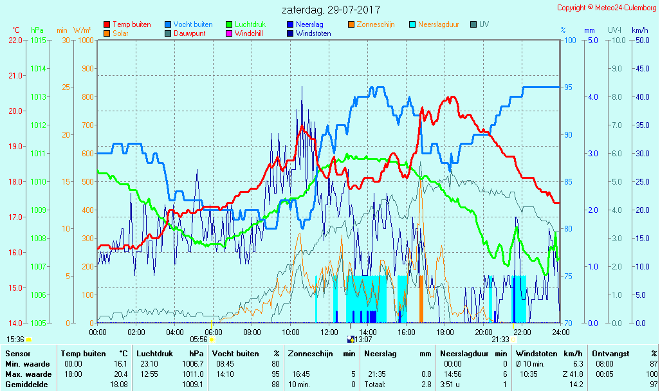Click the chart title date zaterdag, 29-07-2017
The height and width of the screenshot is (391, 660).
coord(331,10)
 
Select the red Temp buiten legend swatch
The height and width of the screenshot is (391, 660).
coord(107,24)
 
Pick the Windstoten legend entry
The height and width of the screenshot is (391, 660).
coord(313,33)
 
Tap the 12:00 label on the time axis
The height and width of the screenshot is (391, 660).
coord(329,332)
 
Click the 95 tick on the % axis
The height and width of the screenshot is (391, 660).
coord(568,87)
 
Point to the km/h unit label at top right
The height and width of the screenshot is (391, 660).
coord(639,30)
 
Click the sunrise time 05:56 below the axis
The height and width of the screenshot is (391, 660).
coord(199,340)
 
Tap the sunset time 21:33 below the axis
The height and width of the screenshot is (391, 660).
coord(500,340)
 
